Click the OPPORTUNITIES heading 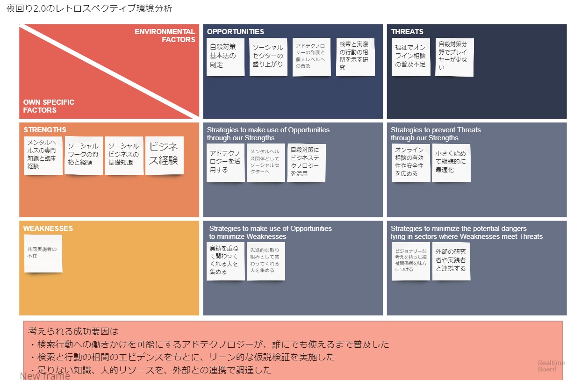(x=235, y=32)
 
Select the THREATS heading (x=407, y=32)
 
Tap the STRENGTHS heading (x=45, y=130)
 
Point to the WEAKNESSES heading (x=48, y=229)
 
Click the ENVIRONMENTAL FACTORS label (x=165, y=36)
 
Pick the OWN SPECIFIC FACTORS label (x=49, y=106)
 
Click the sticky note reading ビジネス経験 (x=164, y=155)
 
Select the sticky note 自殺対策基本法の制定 (x=225, y=57)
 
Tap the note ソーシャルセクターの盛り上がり (x=268, y=57)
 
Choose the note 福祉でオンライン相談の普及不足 (x=410, y=57)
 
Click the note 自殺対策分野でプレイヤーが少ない (x=454, y=57)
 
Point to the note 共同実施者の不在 (x=43, y=253)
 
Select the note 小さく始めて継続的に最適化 (x=451, y=162)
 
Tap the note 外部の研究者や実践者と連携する (x=451, y=260)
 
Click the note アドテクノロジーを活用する (x=225, y=162)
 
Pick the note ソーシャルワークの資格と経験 (x=83, y=155)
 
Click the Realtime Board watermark (x=551, y=366)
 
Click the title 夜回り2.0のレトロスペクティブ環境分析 (x=89, y=9)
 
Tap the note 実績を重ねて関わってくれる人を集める (x=225, y=260)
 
